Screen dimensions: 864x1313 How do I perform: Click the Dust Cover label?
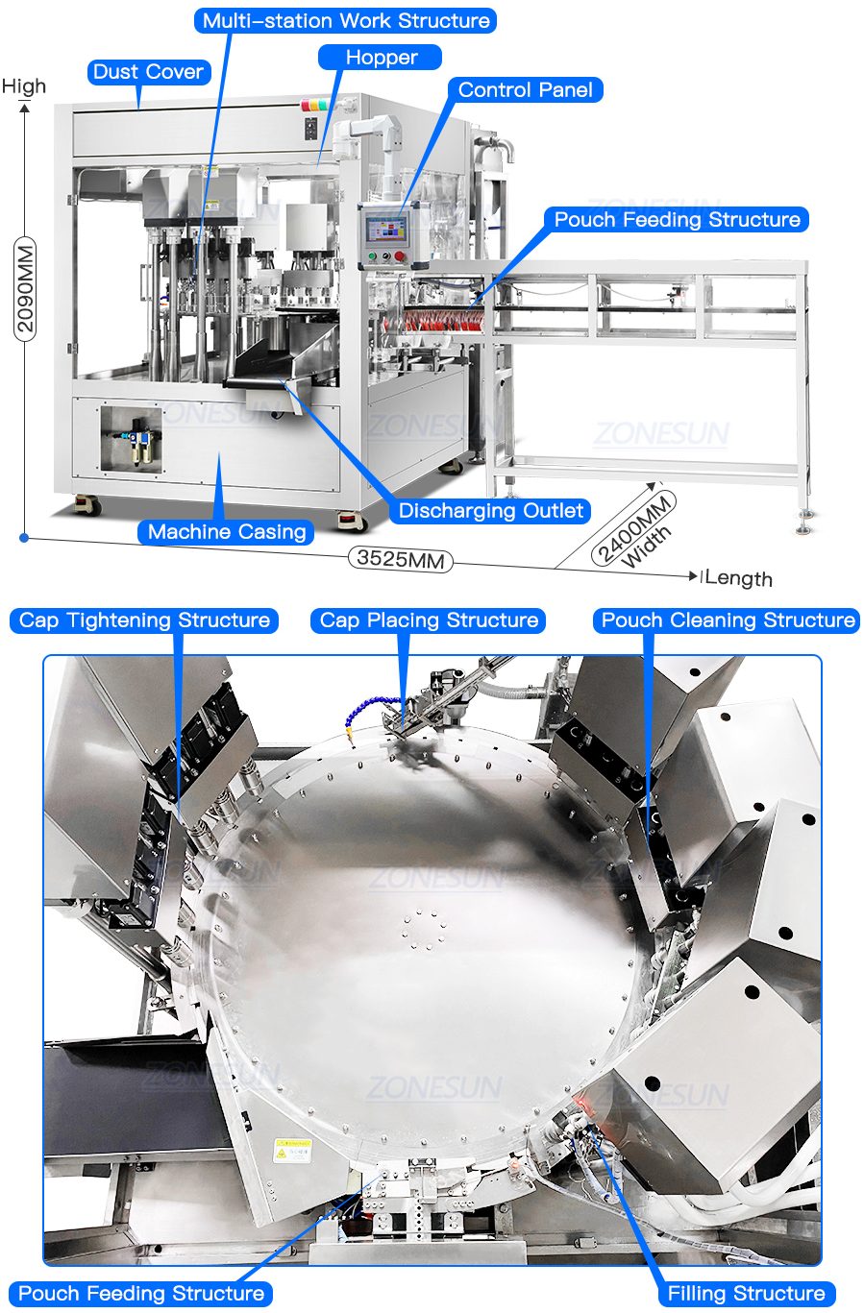(149, 72)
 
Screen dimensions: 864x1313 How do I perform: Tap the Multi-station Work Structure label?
(345, 20)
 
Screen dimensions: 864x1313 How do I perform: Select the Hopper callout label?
(381, 58)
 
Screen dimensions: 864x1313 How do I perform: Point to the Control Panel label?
(526, 89)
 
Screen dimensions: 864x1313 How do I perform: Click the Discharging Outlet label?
(490, 511)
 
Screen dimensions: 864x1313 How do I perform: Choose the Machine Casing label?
(227, 532)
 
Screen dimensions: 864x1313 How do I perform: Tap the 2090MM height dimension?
(25, 288)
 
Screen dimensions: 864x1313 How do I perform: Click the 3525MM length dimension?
(401, 559)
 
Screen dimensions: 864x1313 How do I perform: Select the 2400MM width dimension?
(632, 527)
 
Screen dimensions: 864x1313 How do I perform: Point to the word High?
(24, 86)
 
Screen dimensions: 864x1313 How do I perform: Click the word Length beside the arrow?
(738, 578)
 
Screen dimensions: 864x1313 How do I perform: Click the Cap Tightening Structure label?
(144, 620)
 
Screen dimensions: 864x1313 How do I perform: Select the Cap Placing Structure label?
(429, 620)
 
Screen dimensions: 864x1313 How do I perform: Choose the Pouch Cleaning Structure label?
(728, 620)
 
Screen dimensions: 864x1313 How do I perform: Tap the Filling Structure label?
(747, 1293)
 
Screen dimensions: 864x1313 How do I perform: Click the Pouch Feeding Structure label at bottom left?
(141, 1293)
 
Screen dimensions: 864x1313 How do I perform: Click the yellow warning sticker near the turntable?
(293, 1150)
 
